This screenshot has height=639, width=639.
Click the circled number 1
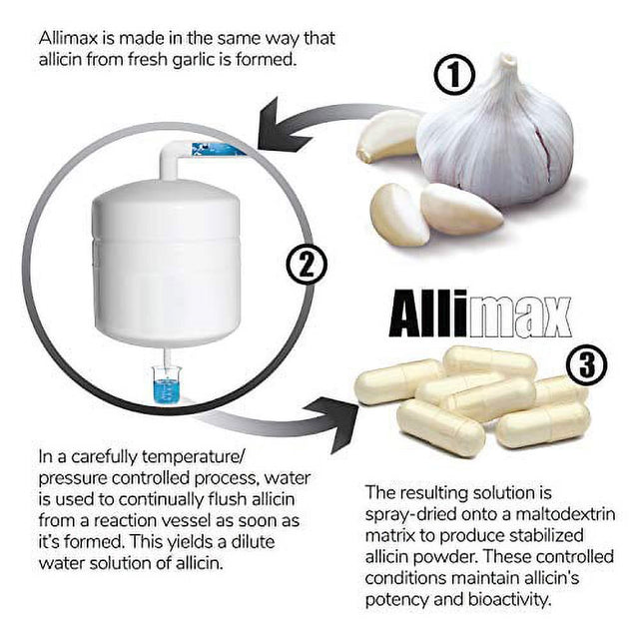455,75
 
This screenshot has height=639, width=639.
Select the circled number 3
586,366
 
